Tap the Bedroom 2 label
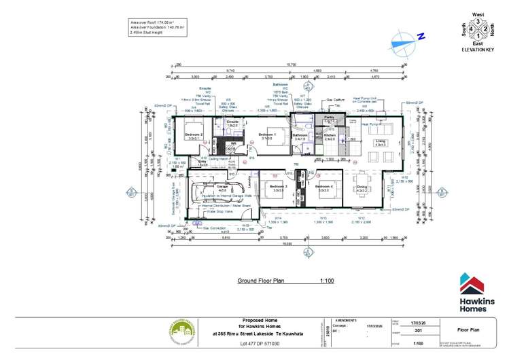tap(194, 135)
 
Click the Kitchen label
tap(330, 136)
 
